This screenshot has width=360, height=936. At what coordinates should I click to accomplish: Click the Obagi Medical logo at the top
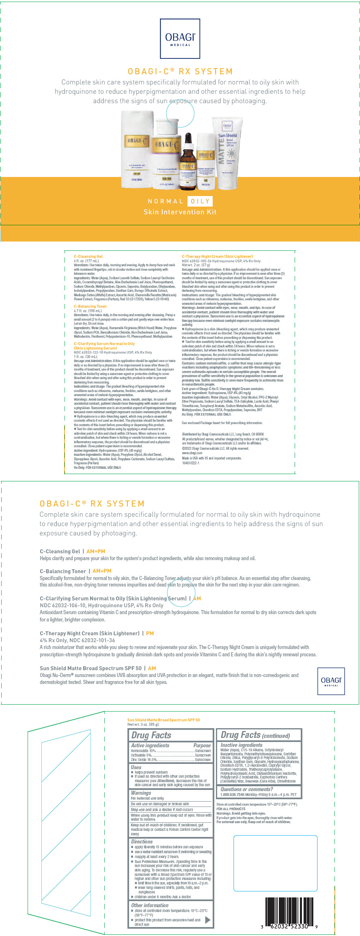click(x=180, y=39)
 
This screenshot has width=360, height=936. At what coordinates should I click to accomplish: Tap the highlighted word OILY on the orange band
click(x=200, y=201)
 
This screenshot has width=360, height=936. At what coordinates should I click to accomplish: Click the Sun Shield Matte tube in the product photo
click(x=227, y=153)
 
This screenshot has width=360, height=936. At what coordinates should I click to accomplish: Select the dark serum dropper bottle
click(x=188, y=162)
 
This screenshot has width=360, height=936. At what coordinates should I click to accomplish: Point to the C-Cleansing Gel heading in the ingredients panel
click(x=88, y=257)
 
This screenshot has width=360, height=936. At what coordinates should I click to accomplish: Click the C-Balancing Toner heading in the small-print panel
click(x=90, y=306)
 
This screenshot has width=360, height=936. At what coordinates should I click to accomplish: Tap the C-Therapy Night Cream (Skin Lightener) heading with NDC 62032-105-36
click(x=217, y=257)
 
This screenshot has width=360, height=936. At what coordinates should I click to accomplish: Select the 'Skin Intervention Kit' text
click(x=180, y=212)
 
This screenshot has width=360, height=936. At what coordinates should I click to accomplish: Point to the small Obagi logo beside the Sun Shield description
click(x=331, y=681)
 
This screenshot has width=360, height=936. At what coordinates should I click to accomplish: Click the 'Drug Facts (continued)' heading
click(x=255, y=735)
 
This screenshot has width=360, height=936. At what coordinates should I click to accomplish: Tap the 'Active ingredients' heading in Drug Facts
click(x=150, y=745)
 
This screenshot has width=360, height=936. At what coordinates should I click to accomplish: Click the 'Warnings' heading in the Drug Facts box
click(x=141, y=793)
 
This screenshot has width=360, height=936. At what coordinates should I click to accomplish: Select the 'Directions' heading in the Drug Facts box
click(x=142, y=841)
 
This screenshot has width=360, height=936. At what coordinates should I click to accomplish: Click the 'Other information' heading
click(x=149, y=905)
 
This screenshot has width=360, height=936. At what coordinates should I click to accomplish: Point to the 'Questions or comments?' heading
click(x=246, y=789)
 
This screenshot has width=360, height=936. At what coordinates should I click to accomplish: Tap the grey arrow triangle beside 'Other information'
click(x=208, y=920)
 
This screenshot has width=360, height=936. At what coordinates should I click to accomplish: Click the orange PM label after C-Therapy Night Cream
click(x=150, y=633)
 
